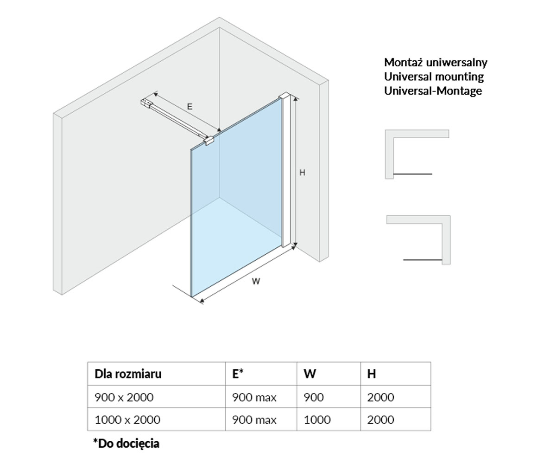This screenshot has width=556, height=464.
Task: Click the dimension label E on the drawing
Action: pos(190,107)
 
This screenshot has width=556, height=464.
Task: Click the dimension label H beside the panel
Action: pos(302,173)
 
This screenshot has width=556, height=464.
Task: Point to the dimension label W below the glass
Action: pos(256,281)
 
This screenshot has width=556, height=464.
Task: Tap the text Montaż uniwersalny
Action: pos(436,63)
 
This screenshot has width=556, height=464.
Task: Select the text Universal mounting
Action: pos(434,77)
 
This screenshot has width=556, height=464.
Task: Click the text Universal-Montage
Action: pos(433,91)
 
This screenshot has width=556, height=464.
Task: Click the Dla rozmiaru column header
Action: pos(128,374)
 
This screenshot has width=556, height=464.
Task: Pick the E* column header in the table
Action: pos(238,374)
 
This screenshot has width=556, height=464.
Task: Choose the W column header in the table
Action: pos(310,374)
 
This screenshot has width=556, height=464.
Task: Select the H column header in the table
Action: pos(372,374)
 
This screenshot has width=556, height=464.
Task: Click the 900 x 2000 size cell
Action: pos(124,397)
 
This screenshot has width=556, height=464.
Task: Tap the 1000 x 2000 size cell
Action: pos(127,420)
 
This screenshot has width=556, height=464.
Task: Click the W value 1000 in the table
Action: pos(317,420)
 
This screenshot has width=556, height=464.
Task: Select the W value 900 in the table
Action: pos(314,397)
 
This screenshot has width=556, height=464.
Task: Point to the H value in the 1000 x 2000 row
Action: pos(380,420)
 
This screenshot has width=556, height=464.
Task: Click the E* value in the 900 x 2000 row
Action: pos(254,397)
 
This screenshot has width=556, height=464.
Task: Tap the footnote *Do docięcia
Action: pos(126,444)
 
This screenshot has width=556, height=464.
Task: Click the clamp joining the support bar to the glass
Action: pos(209,141)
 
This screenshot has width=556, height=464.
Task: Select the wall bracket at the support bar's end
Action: pos(145,103)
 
